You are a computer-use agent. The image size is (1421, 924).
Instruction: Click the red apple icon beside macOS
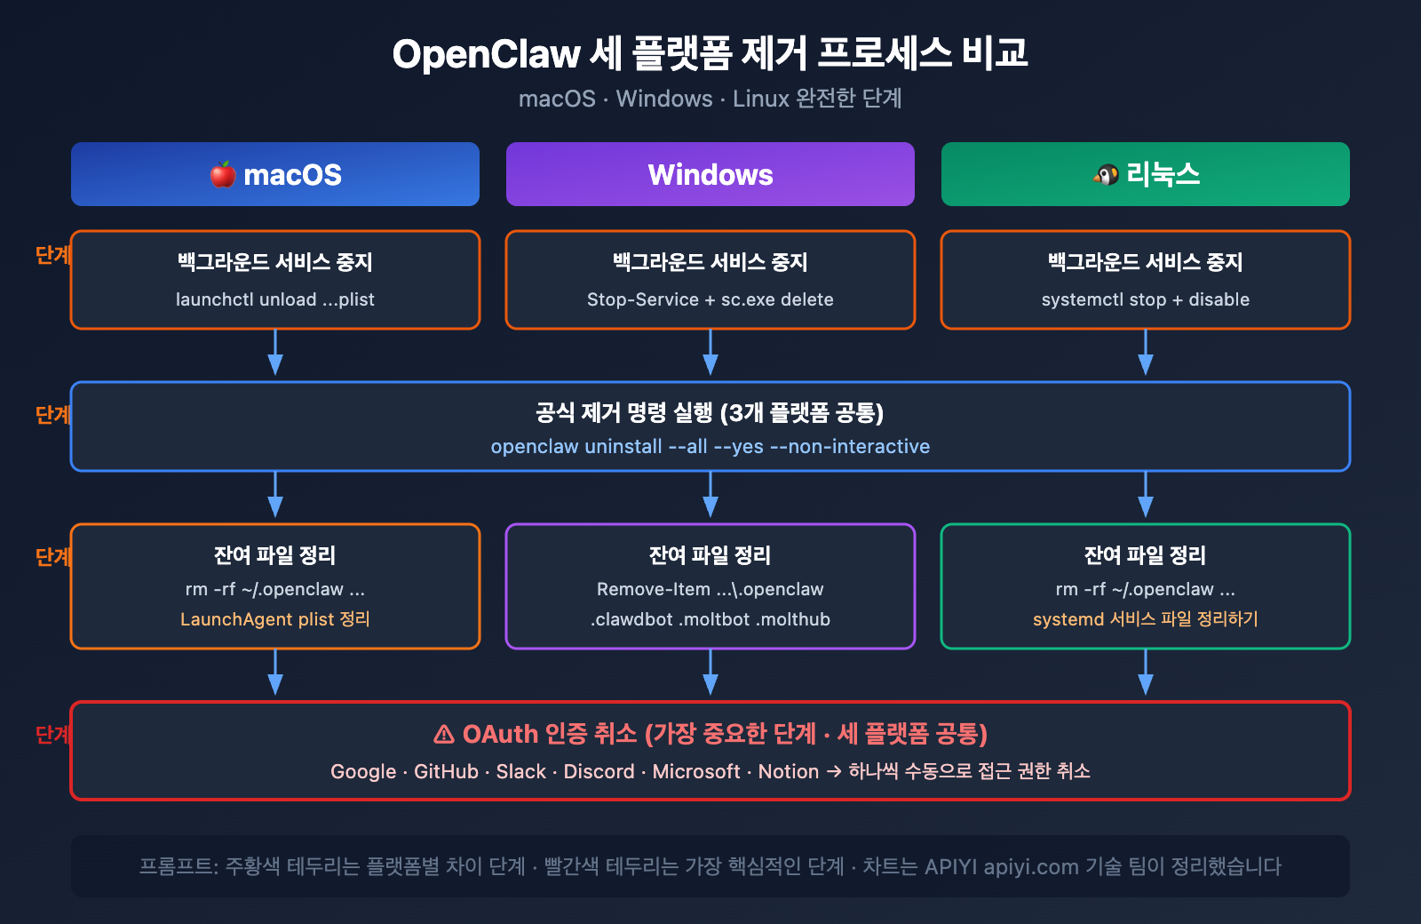[223, 174]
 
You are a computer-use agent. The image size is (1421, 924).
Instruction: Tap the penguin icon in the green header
[1106, 174]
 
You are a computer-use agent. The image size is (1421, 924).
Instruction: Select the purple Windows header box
[710, 174]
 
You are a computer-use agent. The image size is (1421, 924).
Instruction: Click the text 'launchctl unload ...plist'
[274, 299]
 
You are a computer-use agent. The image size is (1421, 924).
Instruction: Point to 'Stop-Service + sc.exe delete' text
[710, 299]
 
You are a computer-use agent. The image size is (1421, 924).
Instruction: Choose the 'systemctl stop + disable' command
[1145, 299]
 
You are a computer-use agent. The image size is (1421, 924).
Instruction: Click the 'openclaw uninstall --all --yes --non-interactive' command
[710, 446]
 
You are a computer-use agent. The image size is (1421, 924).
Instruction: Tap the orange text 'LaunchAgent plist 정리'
[274, 619]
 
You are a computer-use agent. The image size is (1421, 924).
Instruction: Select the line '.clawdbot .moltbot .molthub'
[710, 619]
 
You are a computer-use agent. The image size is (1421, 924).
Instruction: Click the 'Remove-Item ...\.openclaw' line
[710, 589]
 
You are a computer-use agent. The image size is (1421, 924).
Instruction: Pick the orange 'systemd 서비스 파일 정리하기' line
[1145, 619]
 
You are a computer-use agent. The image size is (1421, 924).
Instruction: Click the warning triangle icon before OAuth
[444, 735]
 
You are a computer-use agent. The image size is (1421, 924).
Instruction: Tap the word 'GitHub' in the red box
[446, 771]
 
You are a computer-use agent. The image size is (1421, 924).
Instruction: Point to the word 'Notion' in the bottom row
[788, 771]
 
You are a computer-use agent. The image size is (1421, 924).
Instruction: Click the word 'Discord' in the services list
[599, 771]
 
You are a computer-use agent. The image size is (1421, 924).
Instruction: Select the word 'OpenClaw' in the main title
[486, 54]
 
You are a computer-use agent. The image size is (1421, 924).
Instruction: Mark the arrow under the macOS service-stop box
[275, 354]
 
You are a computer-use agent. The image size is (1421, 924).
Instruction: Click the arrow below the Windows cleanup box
[710, 674]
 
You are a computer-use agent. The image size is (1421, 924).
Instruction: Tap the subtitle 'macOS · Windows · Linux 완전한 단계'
[710, 99]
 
